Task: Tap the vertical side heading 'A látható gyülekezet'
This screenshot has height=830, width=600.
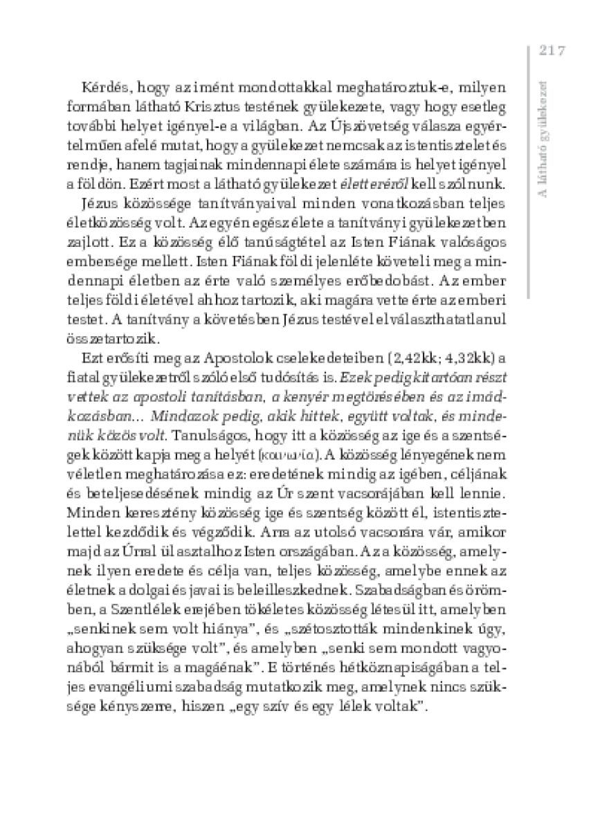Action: tap(544, 138)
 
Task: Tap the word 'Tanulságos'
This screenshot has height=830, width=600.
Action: tap(210, 437)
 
